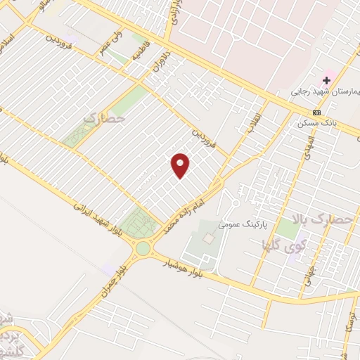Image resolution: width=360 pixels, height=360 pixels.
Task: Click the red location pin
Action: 181,165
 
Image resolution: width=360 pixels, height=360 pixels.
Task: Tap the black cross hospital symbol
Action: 326,79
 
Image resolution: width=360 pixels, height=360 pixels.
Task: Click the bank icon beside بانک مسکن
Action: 317,112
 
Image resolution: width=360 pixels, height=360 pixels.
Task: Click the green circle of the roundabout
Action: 143,247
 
